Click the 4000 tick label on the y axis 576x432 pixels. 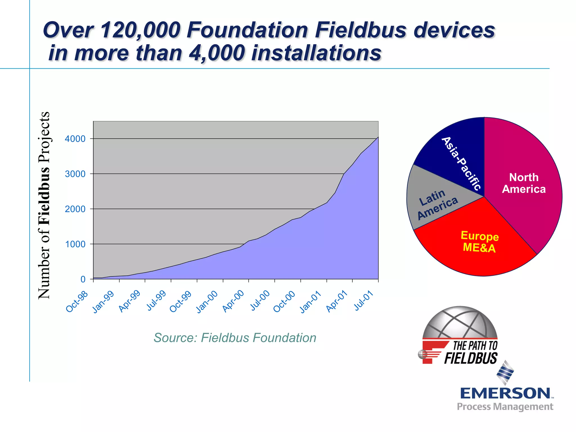(75, 139)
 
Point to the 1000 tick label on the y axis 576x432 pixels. (75, 244)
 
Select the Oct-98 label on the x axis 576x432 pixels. (77, 302)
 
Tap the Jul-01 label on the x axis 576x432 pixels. (364, 301)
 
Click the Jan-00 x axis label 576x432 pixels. (207, 302)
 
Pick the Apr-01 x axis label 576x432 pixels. (337, 302)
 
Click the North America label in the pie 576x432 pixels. (524, 183)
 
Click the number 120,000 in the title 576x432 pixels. (140, 30)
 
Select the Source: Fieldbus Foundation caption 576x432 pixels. (235, 338)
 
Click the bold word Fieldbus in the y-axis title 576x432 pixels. (44, 195)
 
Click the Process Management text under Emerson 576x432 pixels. (505, 407)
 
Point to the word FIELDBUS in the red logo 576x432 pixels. (471, 358)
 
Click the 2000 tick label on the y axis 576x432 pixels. (75, 209)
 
